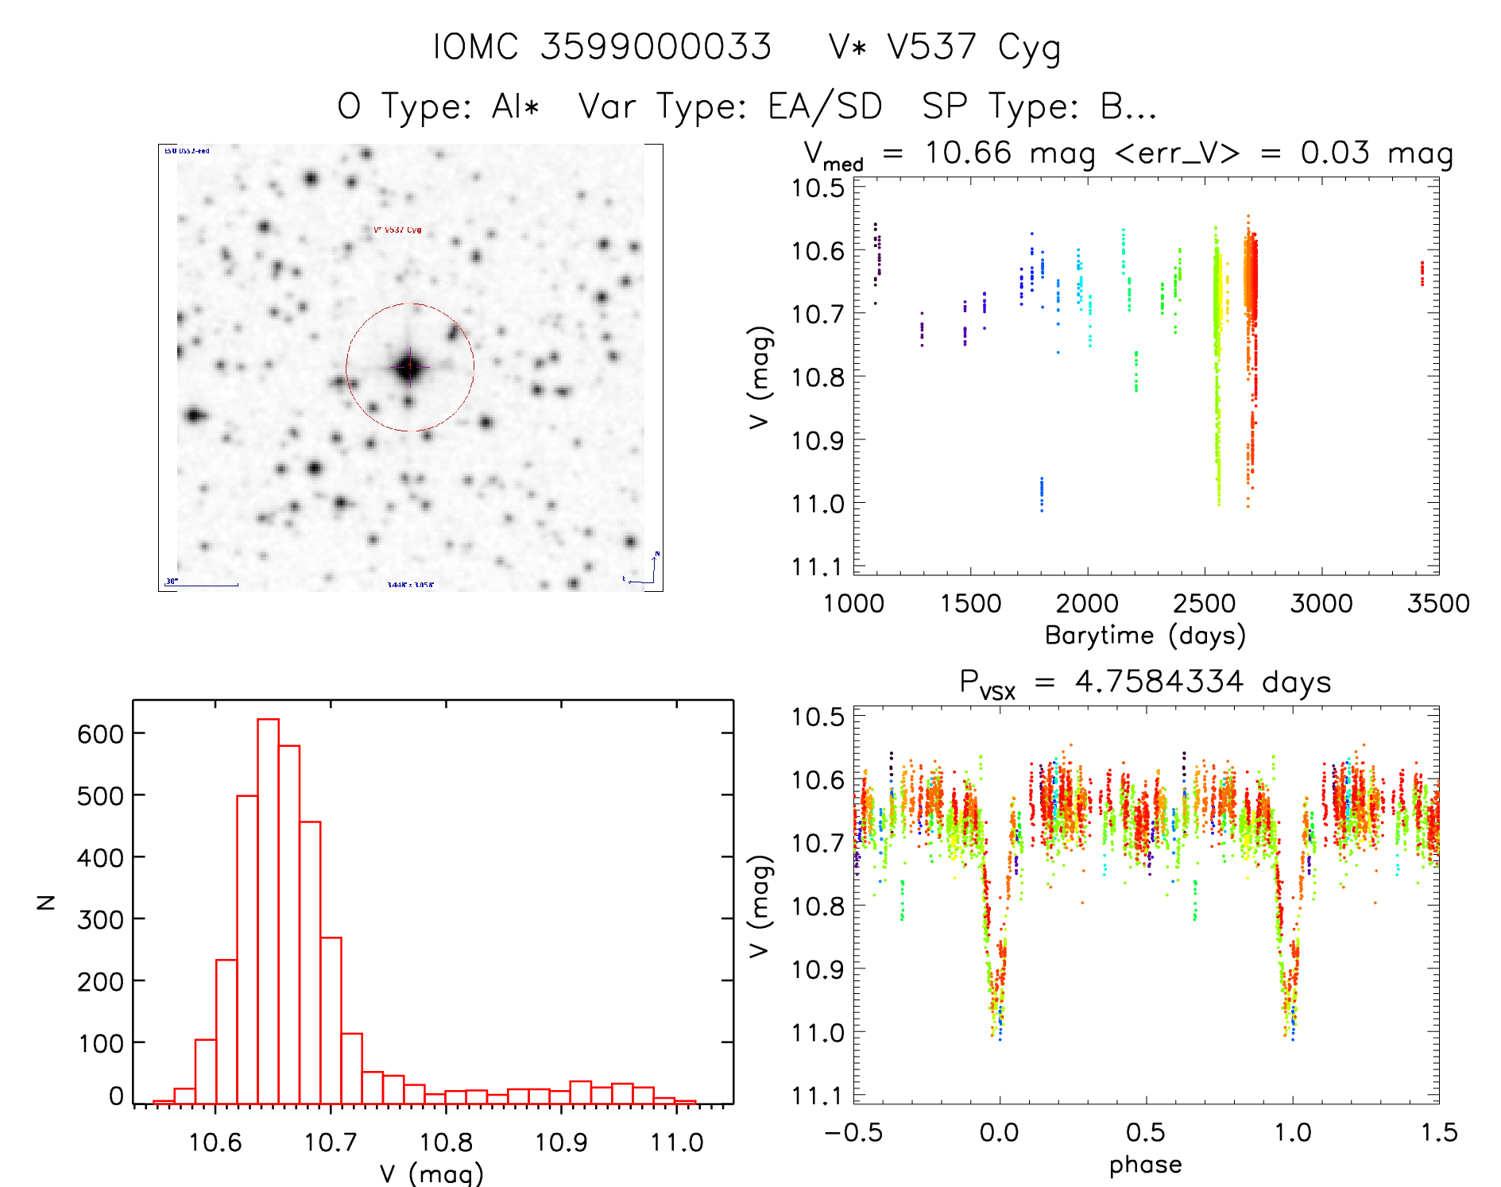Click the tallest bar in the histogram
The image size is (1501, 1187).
[x=268, y=911]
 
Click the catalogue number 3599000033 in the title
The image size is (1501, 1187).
[x=656, y=47]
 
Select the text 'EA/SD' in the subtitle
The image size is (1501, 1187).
[x=825, y=106]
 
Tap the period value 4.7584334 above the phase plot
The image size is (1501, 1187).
[x=1159, y=682]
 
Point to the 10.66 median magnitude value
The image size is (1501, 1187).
[x=968, y=153]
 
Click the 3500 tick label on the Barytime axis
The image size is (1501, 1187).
[x=1437, y=603]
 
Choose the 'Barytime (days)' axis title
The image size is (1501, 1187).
[x=1145, y=635]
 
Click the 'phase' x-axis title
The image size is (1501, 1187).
[x=1145, y=1165]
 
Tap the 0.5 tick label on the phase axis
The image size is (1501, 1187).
[x=1145, y=1132]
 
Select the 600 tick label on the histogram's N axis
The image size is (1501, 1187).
[x=99, y=733]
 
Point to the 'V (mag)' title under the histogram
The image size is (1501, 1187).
[x=431, y=1173]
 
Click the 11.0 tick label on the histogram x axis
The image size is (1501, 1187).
[x=676, y=1143]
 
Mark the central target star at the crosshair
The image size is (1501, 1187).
[x=410, y=367]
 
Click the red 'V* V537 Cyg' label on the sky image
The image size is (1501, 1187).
[x=397, y=230]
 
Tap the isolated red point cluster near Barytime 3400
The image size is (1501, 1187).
[x=1422, y=273]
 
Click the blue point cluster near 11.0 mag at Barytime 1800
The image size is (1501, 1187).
[x=1042, y=494]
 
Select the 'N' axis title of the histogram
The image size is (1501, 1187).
[x=46, y=902]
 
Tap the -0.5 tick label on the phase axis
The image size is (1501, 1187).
[x=853, y=1132]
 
